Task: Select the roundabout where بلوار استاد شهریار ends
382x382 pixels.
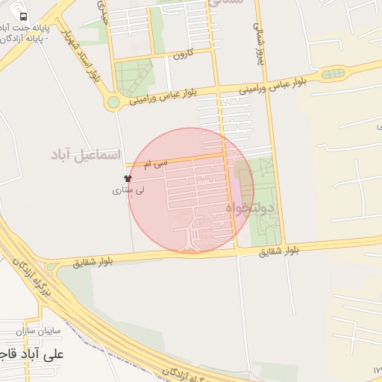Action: pos(113,103)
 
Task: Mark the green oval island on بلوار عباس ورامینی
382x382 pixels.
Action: pos(333,74)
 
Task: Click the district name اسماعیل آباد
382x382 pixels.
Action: pos(85,154)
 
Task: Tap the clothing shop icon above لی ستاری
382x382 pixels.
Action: pos(128,179)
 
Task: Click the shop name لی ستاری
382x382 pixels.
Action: pos(128,190)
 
